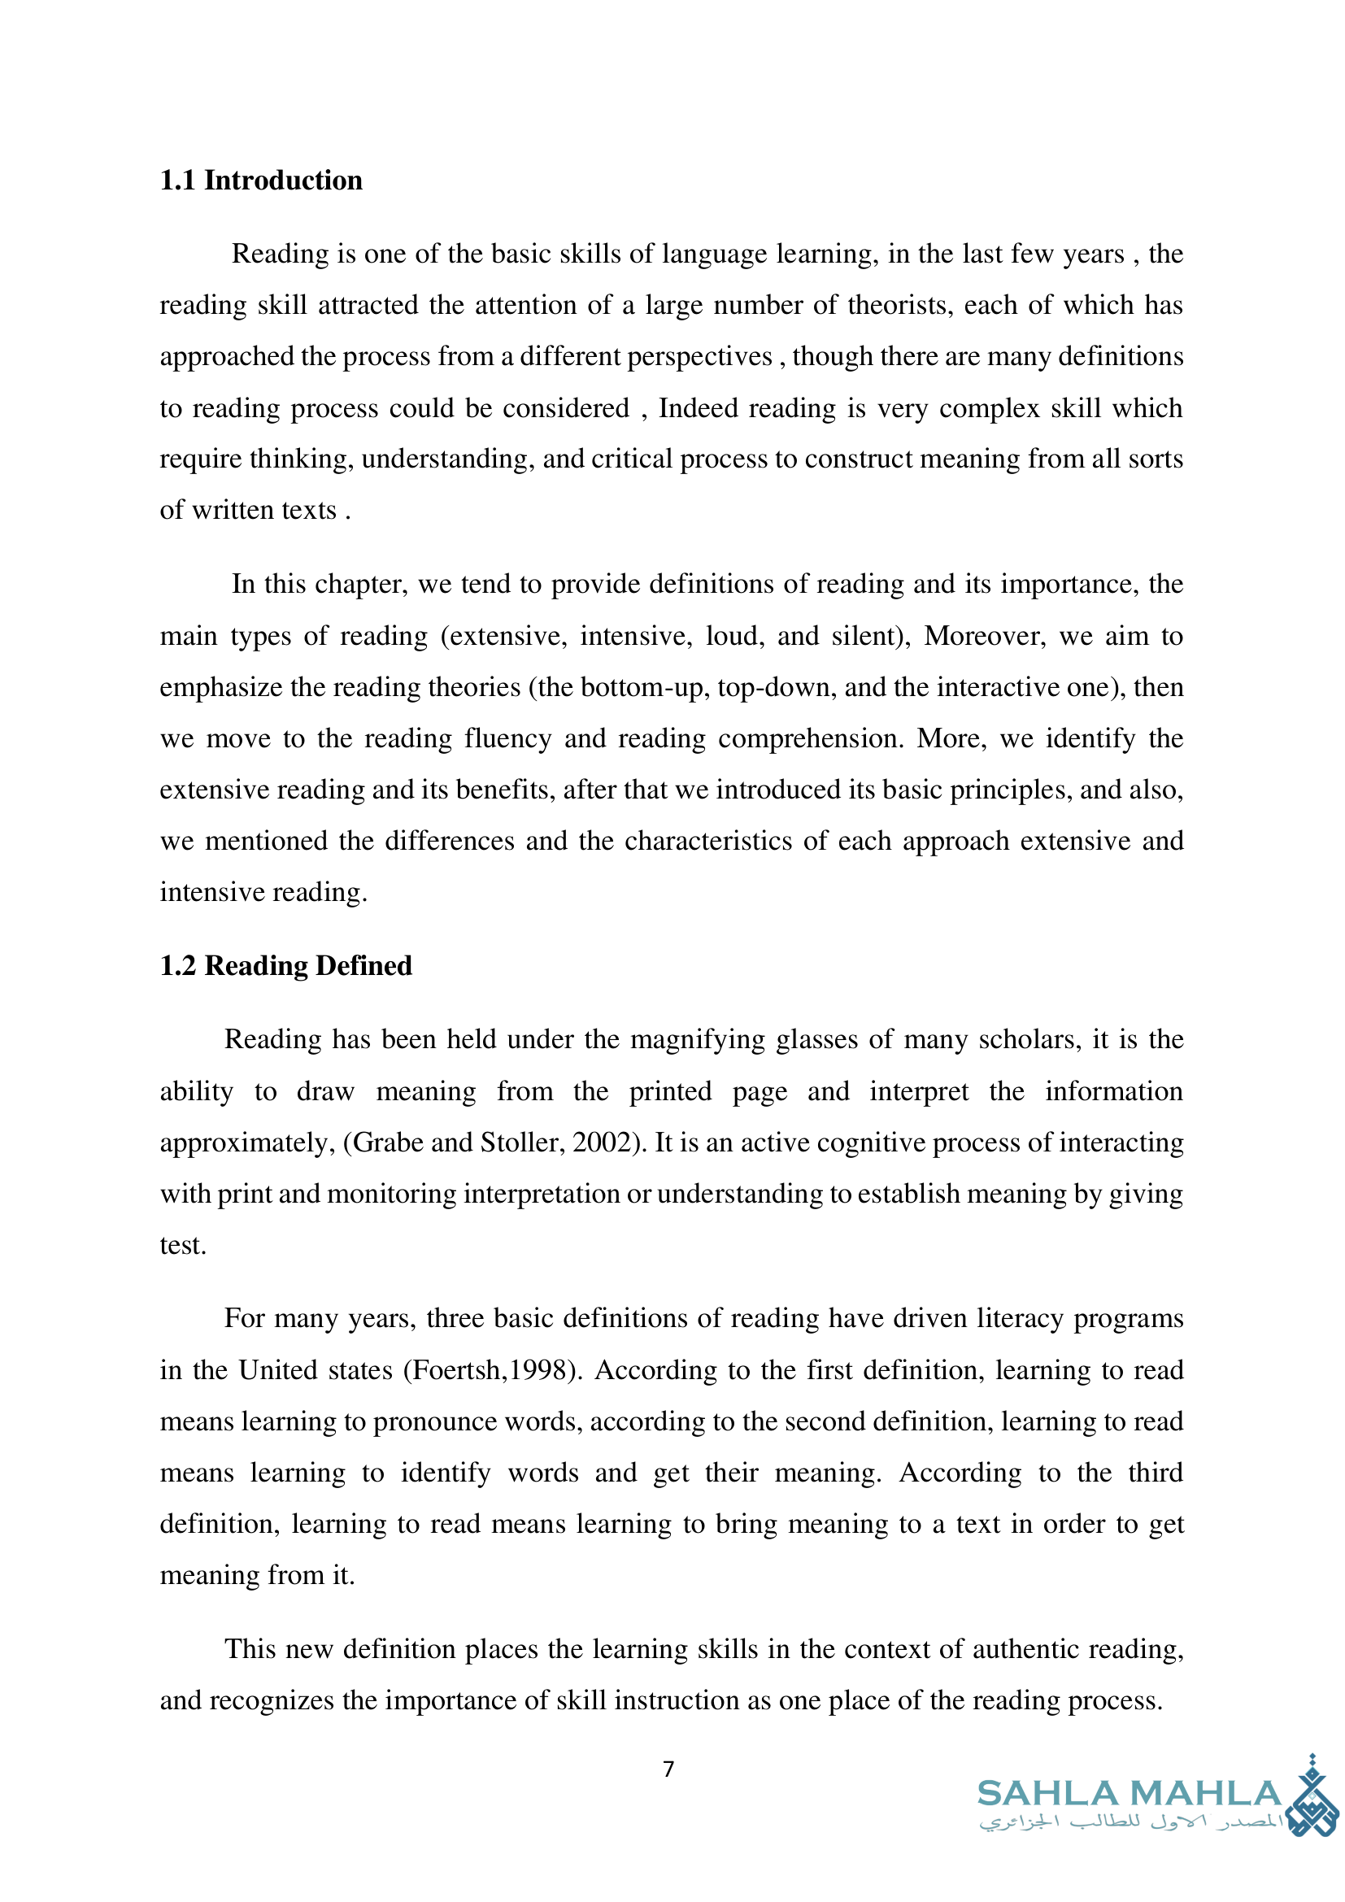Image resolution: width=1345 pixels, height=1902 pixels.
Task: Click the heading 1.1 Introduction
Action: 261,180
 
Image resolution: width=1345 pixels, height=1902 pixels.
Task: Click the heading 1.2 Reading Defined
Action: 285,965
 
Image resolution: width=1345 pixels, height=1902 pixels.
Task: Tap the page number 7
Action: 669,1769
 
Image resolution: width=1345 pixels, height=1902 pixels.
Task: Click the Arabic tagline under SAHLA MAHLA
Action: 1130,1823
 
